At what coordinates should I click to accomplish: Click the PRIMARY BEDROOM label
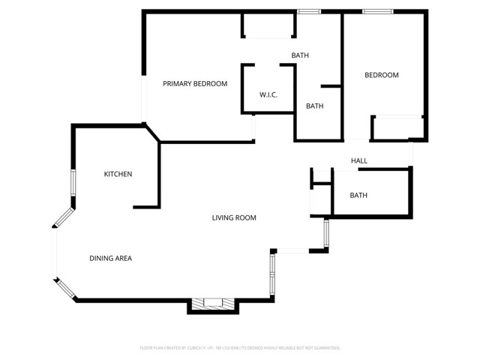click(x=195, y=84)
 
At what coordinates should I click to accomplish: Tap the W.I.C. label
click(x=268, y=95)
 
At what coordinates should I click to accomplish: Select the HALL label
click(x=359, y=161)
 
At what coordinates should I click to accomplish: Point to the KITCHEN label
click(x=118, y=174)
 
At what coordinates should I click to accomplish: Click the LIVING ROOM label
click(x=234, y=218)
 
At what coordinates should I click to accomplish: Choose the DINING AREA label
click(x=111, y=259)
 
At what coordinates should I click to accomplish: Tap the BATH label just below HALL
click(x=358, y=196)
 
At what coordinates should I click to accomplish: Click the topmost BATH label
click(x=300, y=55)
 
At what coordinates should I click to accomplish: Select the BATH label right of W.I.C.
click(x=314, y=106)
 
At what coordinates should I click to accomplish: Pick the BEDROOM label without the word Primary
click(x=381, y=75)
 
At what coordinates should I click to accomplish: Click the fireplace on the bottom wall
click(x=213, y=304)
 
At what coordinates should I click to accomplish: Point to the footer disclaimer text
click(x=240, y=348)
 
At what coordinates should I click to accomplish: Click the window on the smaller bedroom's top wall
click(x=374, y=11)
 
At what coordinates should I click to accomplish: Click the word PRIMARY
click(x=178, y=84)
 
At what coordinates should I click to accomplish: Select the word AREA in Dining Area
click(x=122, y=259)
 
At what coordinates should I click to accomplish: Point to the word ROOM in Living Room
click(x=246, y=218)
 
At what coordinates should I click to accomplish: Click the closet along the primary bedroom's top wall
click(x=267, y=27)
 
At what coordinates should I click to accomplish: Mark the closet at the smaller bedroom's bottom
click(x=398, y=127)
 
